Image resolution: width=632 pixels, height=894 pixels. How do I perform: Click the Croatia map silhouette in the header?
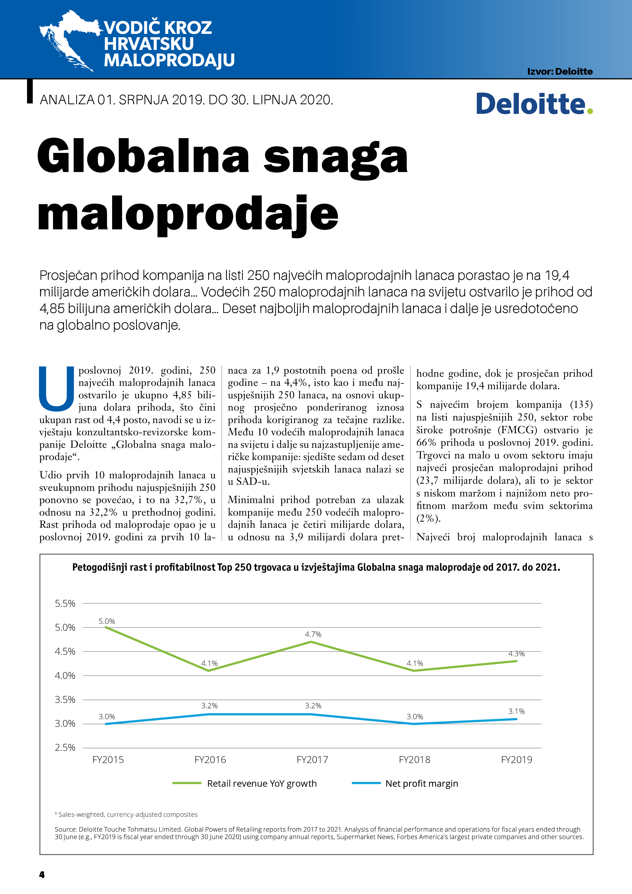(68, 39)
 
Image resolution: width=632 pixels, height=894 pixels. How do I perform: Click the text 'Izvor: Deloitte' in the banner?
(560, 72)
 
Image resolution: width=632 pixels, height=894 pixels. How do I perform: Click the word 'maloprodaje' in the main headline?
(188, 214)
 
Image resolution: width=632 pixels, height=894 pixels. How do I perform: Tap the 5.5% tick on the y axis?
(65, 603)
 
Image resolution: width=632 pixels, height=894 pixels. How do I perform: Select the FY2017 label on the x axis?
(312, 760)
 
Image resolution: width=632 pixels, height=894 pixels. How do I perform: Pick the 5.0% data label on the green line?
(107, 621)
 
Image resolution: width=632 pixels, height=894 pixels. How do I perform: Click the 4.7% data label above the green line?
(313, 634)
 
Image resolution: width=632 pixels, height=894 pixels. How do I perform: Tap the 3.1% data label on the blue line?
(516, 711)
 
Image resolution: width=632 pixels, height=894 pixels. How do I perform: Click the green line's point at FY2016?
(209, 670)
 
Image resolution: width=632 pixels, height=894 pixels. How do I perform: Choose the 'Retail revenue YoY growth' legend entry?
(262, 783)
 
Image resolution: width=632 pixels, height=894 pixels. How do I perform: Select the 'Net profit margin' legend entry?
(421, 783)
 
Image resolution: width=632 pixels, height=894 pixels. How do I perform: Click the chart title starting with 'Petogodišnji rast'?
(316, 567)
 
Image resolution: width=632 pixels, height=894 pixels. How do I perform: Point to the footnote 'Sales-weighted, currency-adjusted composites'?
(128, 814)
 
